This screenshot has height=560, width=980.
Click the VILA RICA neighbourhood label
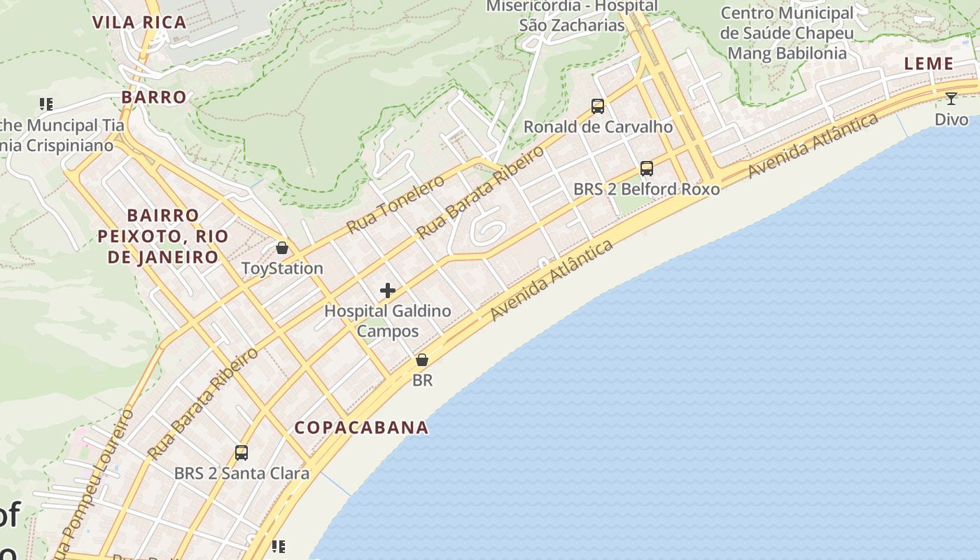140,22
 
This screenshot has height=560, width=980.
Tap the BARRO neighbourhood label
154,97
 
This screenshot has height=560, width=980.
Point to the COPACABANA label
361,427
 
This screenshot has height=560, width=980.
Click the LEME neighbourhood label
929,64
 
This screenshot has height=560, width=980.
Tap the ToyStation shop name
282,268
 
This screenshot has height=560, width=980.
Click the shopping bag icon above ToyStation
282,248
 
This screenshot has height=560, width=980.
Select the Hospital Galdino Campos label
388,321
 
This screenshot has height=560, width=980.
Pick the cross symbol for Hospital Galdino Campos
388,290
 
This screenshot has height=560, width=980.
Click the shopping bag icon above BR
422,360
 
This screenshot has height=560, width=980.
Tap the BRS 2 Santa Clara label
241,473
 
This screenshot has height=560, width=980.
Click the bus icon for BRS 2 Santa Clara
241,453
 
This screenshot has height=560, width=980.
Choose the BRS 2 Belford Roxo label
646,189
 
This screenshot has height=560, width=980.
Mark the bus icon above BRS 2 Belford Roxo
646,169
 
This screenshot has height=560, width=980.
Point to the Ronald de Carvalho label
598,127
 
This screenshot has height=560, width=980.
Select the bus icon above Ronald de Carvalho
598,106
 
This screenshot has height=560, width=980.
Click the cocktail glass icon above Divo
951,99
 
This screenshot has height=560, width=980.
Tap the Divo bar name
951,119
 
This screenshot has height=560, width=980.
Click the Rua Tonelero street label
395,204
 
